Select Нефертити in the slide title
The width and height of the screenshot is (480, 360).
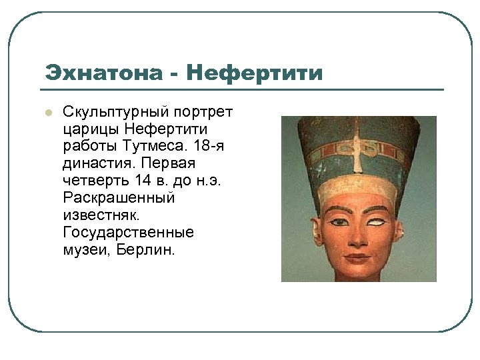255,72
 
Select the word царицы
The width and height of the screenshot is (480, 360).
90,128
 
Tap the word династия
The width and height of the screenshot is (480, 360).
97,163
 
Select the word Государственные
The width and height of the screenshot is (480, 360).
128,232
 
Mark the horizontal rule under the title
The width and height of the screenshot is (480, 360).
240,89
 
